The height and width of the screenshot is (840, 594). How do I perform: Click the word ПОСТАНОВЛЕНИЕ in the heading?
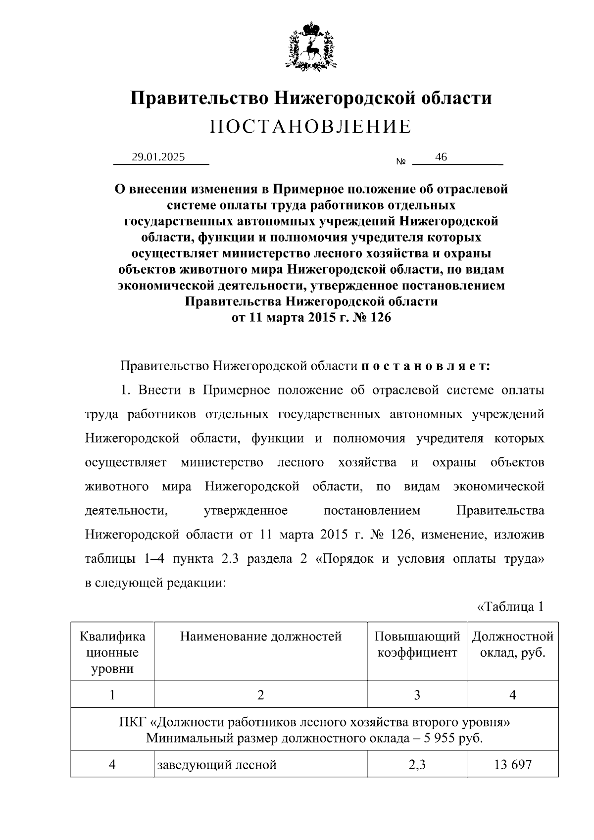[x=310, y=127]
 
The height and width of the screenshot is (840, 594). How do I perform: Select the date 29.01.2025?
[x=158, y=157]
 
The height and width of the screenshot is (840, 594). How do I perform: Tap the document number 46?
[x=441, y=157]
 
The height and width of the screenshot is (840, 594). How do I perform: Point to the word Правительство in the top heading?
[x=200, y=98]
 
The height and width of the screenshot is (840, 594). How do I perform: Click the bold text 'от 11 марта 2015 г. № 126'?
[x=311, y=317]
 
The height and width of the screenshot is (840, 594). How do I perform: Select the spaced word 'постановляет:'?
[x=426, y=366]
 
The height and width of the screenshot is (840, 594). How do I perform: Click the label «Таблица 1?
[x=510, y=606]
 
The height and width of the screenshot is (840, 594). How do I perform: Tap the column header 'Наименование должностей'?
[x=261, y=636]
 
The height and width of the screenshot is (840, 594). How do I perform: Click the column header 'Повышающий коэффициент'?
[x=417, y=644]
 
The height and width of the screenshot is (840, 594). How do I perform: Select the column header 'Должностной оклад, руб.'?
[x=512, y=644]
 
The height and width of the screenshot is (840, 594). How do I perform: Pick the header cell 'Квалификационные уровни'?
[x=112, y=652]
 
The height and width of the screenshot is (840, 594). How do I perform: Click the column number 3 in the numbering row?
[x=417, y=695]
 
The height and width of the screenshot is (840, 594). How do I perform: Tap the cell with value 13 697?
[x=512, y=765]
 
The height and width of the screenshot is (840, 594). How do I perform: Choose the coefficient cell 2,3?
[x=417, y=765]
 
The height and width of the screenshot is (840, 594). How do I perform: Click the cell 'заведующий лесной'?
[x=217, y=765]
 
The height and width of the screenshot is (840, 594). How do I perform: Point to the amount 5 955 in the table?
[x=438, y=739]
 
